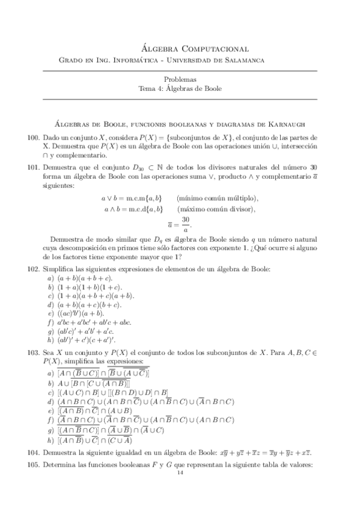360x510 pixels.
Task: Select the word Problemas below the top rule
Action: point(180,79)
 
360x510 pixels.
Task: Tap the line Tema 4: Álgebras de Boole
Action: point(180,88)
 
